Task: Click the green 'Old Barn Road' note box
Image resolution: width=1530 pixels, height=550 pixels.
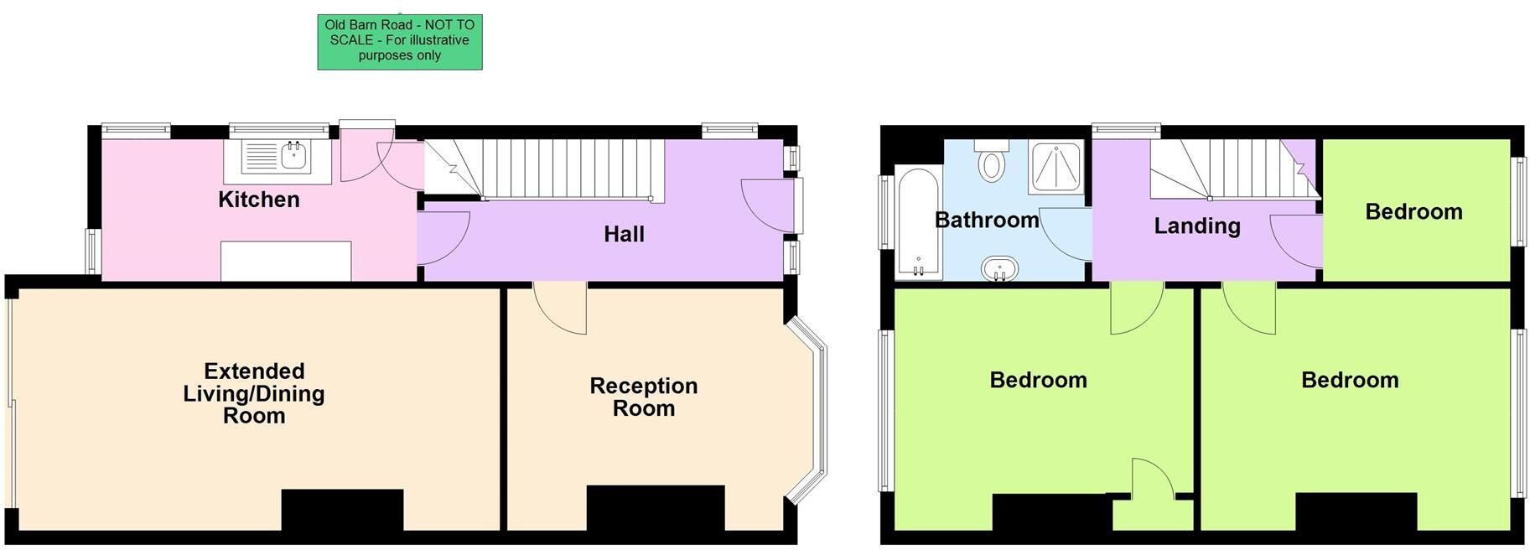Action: [x=399, y=41]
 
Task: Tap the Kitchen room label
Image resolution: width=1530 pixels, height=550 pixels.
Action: [x=258, y=200]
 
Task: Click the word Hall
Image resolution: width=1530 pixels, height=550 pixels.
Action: [x=624, y=234]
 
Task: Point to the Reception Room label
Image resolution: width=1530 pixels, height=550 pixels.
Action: [x=643, y=397]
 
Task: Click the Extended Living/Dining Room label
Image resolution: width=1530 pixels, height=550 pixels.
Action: [x=254, y=393]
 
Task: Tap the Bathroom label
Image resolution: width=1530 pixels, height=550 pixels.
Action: [x=987, y=221]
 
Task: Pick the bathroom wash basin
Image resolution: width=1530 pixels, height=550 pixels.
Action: [x=999, y=269]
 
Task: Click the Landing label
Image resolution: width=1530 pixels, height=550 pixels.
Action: [x=1196, y=226]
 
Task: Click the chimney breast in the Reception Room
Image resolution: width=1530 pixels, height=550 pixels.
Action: [x=655, y=507]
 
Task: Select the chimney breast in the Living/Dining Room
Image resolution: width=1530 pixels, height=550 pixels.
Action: [x=342, y=509]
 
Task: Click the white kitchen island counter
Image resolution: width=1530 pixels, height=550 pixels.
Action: [x=286, y=261]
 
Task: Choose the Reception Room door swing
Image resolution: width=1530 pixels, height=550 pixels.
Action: [x=560, y=309]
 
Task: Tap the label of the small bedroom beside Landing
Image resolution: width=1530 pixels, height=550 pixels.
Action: [x=1413, y=211]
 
